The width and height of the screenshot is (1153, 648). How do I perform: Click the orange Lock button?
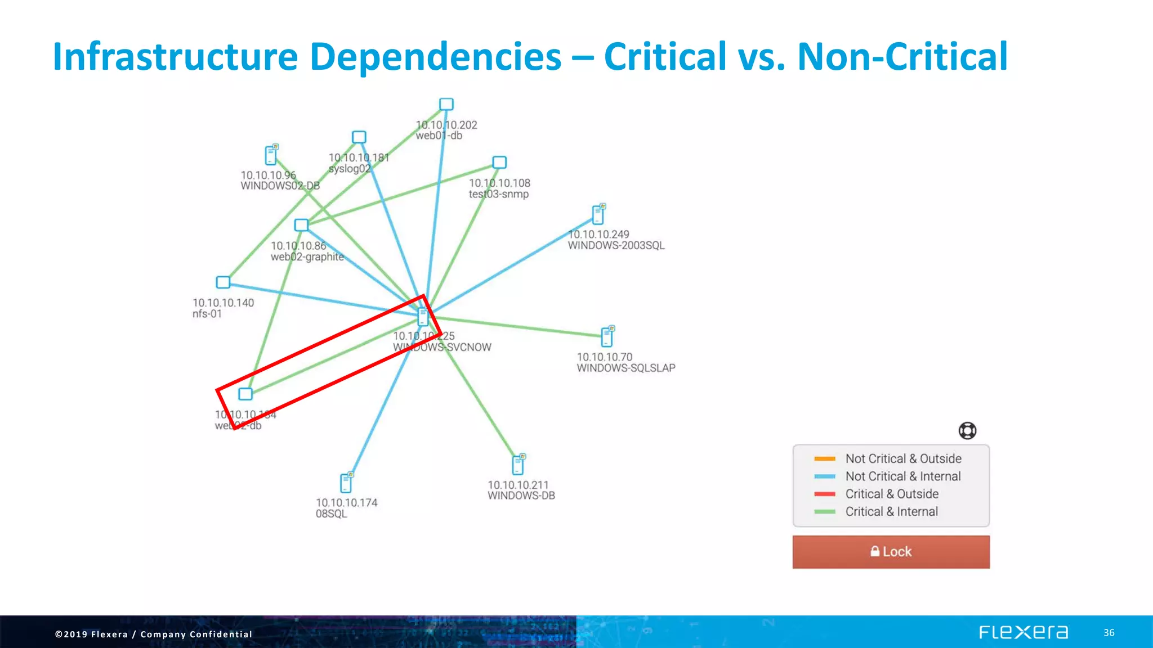(891, 552)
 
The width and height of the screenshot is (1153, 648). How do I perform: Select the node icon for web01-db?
(446, 105)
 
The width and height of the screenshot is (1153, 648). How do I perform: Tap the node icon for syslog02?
(359, 137)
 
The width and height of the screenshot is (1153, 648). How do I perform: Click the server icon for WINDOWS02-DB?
(271, 155)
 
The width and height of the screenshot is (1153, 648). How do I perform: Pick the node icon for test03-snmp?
(499, 163)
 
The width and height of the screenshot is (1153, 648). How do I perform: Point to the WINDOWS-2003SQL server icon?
(598, 214)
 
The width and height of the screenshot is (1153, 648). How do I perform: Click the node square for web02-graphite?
(301, 225)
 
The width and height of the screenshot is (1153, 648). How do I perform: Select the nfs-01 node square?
(223, 282)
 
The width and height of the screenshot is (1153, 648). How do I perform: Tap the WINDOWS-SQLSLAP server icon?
(607, 336)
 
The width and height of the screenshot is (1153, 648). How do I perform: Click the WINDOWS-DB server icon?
(519, 465)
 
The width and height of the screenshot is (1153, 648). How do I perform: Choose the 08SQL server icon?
(346, 483)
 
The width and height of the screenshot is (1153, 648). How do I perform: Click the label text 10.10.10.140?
(223, 303)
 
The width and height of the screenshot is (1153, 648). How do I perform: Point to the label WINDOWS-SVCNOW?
(442, 348)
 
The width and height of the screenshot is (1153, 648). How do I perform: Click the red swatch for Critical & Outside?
(824, 494)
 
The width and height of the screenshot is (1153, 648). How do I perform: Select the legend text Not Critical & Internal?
(902, 476)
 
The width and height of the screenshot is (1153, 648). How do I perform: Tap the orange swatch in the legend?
(824, 458)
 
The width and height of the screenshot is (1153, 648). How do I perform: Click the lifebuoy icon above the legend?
(967, 431)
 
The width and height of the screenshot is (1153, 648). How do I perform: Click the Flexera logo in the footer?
(1023, 632)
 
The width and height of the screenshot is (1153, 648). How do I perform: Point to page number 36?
(1109, 633)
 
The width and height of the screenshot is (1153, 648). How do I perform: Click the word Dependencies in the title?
(435, 57)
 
